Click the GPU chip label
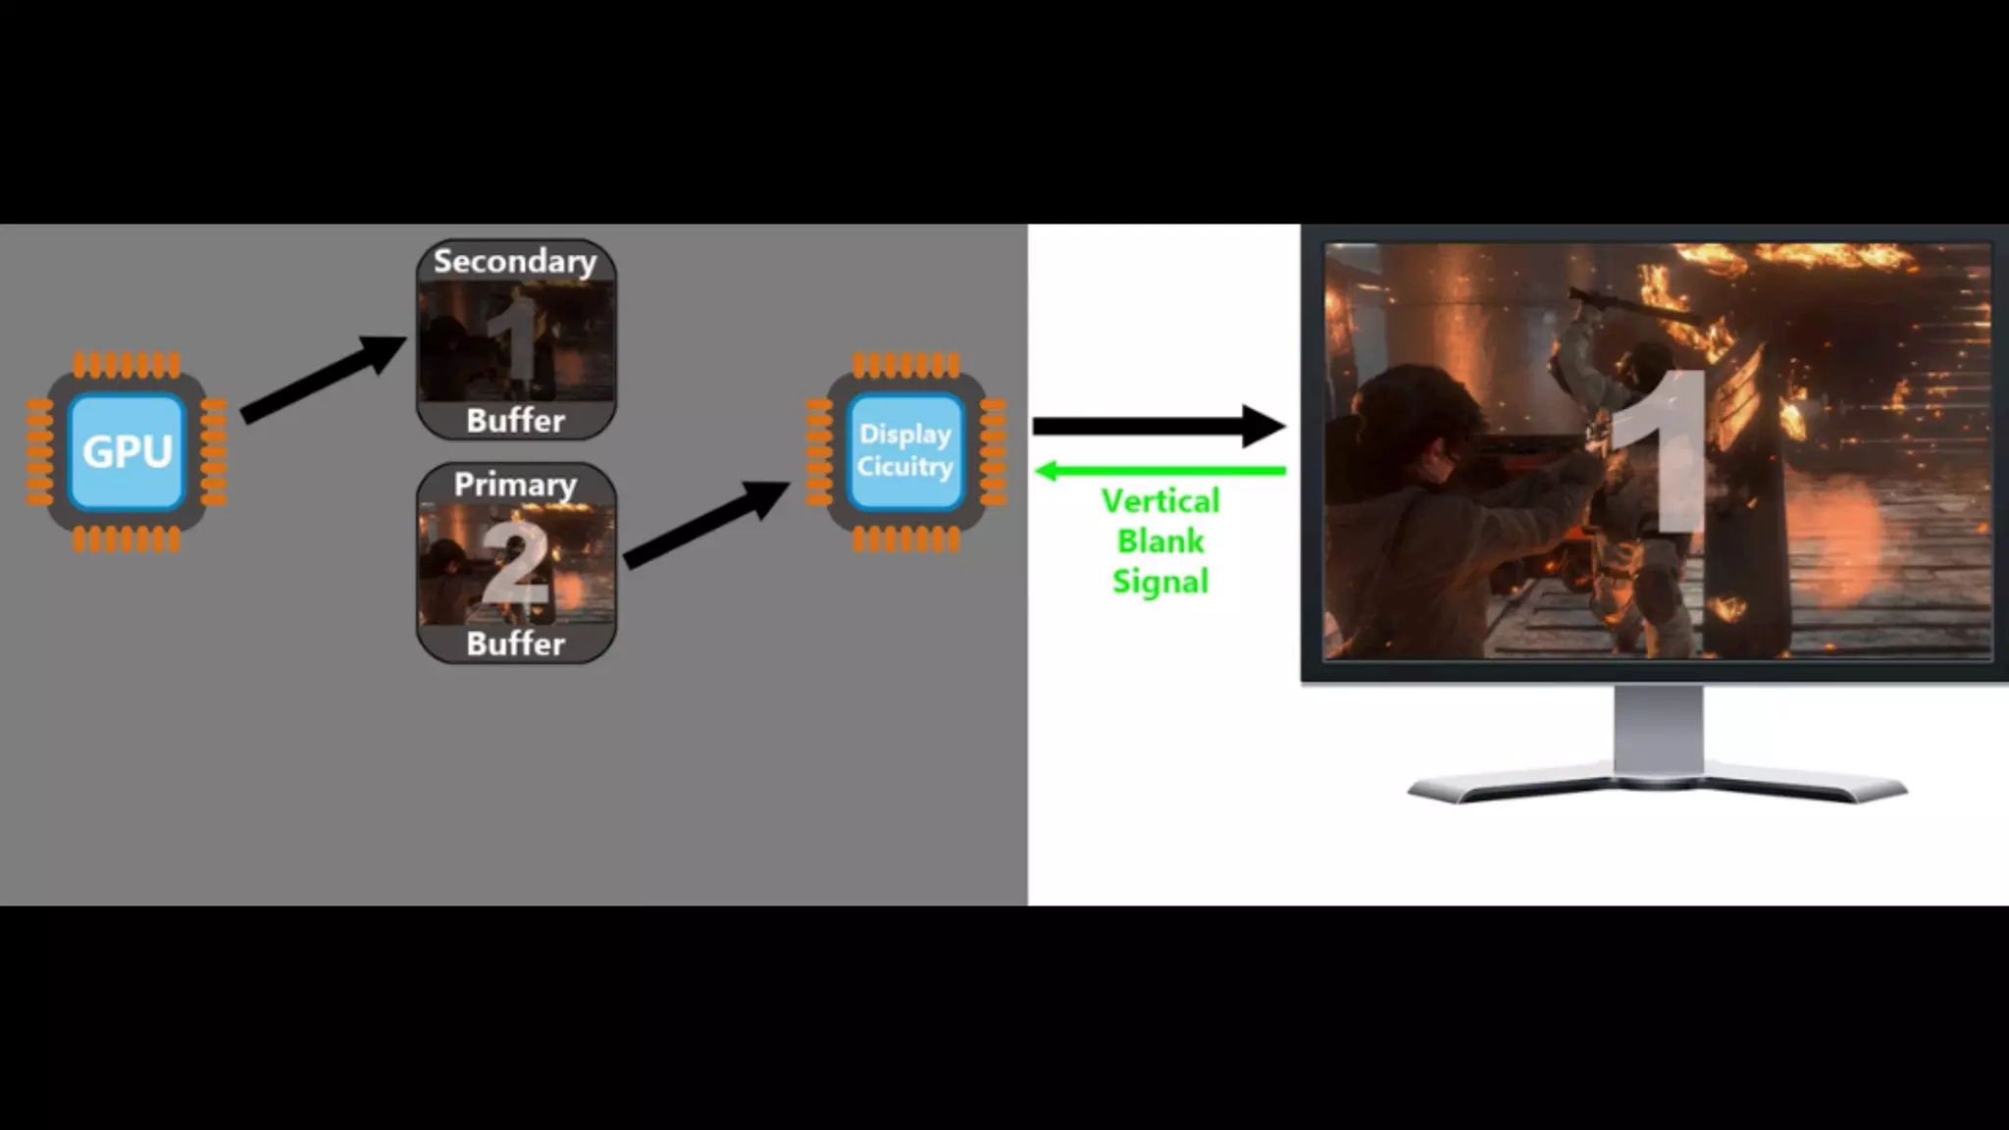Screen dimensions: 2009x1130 (x=128, y=452)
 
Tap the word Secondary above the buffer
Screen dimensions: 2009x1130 (x=515, y=261)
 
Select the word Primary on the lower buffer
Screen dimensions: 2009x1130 (x=515, y=485)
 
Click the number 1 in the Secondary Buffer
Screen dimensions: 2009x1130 (x=518, y=343)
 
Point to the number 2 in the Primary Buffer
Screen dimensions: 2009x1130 (x=514, y=564)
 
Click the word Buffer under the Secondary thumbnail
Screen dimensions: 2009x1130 (x=516, y=421)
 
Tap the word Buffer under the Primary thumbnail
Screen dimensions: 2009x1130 (x=516, y=644)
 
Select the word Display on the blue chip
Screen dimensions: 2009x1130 (x=904, y=435)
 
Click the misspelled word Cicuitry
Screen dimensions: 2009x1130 (x=904, y=467)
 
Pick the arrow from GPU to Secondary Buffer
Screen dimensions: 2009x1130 (x=324, y=378)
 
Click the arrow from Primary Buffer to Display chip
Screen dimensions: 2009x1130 (x=706, y=524)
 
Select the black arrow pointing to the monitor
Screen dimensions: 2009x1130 (x=1158, y=426)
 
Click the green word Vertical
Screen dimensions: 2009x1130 (x=1160, y=501)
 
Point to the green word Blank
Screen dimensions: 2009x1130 (x=1160, y=541)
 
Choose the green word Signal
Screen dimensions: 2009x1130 (x=1160, y=582)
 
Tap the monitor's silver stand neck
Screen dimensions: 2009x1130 (x=1658, y=731)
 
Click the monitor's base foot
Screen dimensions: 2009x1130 (x=1658, y=788)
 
